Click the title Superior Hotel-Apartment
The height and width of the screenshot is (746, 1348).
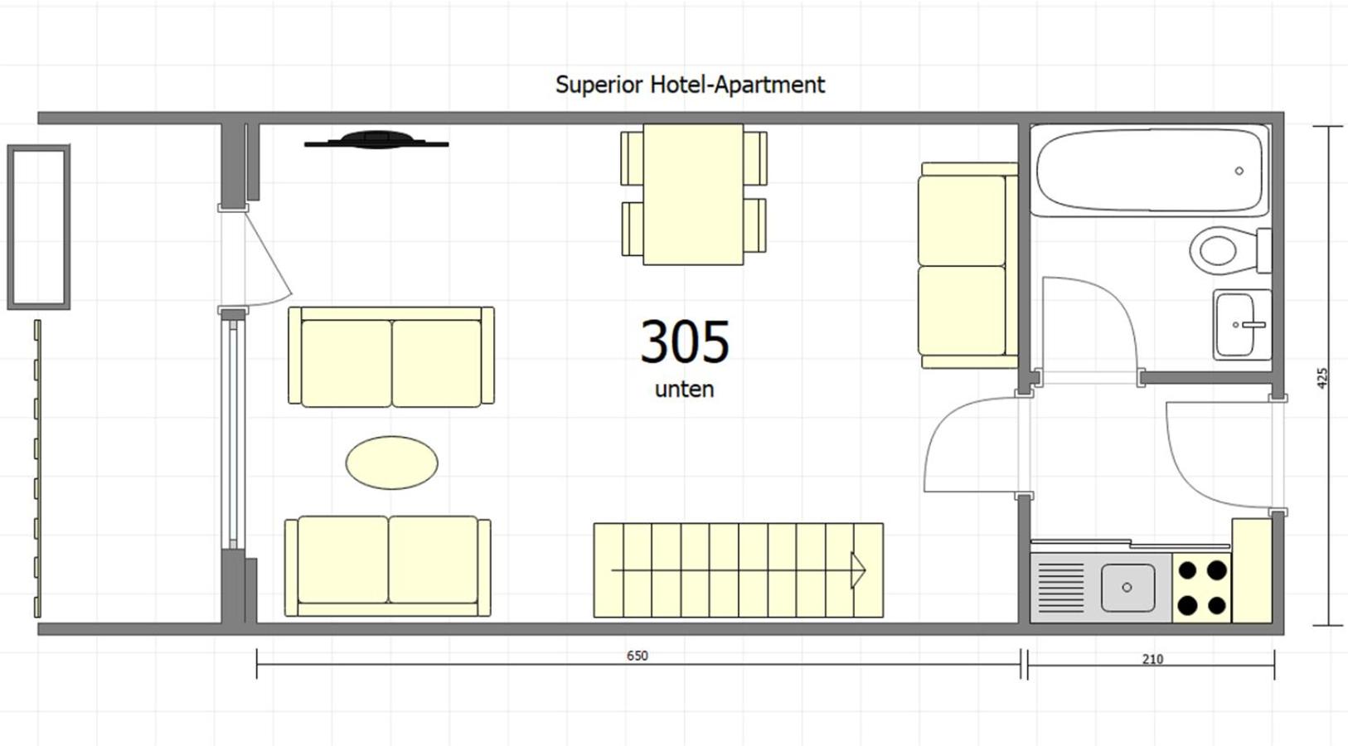690,85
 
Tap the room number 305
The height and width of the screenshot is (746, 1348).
685,342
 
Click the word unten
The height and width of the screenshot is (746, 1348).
684,389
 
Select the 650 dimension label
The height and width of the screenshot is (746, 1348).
637,656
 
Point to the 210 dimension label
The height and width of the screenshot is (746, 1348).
1152,659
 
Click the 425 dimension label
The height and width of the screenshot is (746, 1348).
1322,378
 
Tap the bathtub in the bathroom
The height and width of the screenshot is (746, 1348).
1149,171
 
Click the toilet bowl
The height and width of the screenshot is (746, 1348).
1218,249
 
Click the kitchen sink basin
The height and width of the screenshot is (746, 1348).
1127,587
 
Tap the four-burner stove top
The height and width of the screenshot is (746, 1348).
1201,588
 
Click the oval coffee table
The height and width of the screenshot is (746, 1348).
391,463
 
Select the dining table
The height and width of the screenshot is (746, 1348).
693,194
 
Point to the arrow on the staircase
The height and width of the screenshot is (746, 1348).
858,570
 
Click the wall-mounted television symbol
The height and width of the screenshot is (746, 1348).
376,140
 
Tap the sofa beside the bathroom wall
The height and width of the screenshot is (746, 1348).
967,265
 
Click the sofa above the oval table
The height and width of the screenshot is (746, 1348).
390,357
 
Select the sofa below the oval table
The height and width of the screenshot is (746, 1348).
387,565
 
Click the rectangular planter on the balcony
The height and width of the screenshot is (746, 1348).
38,227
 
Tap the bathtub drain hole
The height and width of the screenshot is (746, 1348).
1239,171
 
